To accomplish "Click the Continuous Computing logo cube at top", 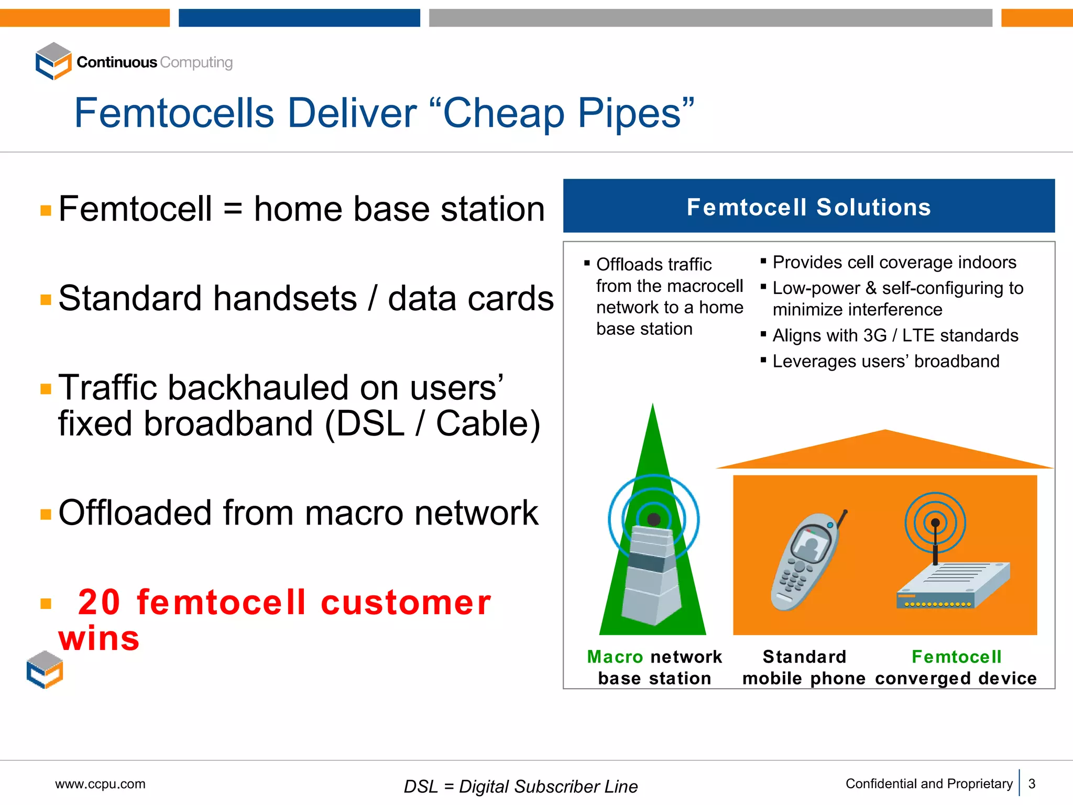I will pyautogui.click(x=53, y=61).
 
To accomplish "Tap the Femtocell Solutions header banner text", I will pyautogui.click(x=808, y=207).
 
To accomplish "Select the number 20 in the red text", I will pyautogui.click(x=99, y=602).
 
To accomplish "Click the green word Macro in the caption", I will pyautogui.click(x=615, y=657).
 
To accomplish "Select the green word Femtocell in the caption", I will pyautogui.click(x=956, y=657).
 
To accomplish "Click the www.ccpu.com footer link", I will pyautogui.click(x=100, y=784).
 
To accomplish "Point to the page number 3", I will pyautogui.click(x=1032, y=784).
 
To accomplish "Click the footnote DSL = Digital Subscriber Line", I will pyautogui.click(x=520, y=786).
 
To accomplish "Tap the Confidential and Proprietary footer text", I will pyautogui.click(x=928, y=784).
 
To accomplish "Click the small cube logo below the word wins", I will pyautogui.click(x=45, y=670).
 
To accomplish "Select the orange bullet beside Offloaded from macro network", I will pyautogui.click(x=46, y=514).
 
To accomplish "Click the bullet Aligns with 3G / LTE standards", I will pyautogui.click(x=895, y=335).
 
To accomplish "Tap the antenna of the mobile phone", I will pyautogui.click(x=842, y=518).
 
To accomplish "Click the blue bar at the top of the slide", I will pyautogui.click(x=299, y=17).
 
